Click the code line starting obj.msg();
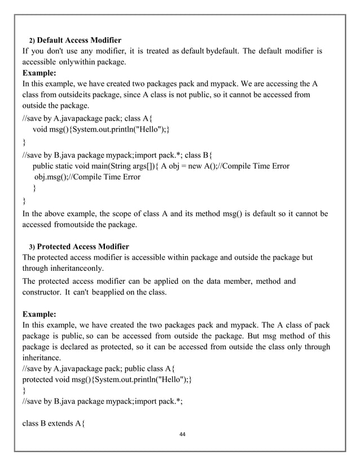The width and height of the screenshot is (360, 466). click(x=87, y=177)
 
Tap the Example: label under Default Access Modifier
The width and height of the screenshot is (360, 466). click(x=39, y=73)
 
